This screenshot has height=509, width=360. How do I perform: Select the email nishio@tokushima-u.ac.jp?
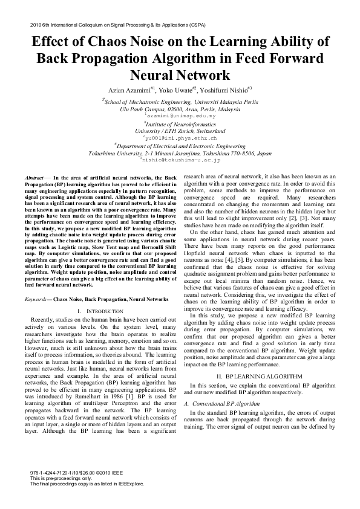tap(180, 160)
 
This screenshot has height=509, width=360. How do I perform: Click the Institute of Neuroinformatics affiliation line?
tap(180, 123)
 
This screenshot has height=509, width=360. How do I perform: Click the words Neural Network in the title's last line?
tap(180, 75)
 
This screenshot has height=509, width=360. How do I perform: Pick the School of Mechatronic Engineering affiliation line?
tap(180, 102)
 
